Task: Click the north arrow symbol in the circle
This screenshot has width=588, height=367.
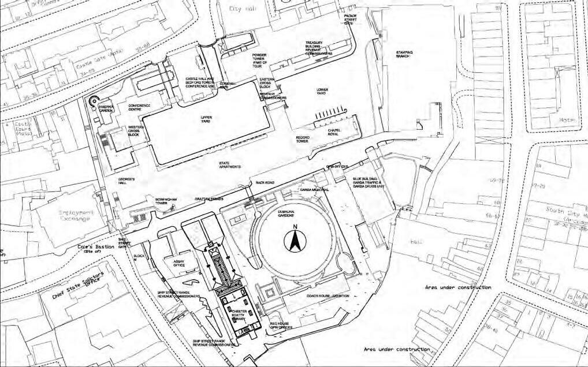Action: [x=294, y=241]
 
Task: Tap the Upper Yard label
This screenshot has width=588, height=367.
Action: [x=206, y=119]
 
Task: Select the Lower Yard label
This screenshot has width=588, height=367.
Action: [x=322, y=92]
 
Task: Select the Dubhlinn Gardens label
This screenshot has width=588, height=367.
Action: [x=287, y=214]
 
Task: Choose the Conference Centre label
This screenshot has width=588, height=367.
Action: [x=139, y=107]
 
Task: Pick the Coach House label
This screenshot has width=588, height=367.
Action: [x=328, y=295]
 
